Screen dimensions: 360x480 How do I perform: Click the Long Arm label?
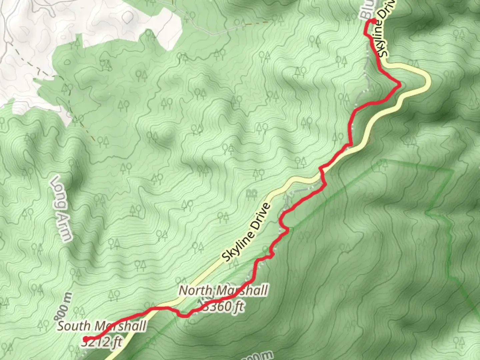click(x=61, y=208)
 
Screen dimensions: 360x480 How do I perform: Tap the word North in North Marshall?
click(x=195, y=291)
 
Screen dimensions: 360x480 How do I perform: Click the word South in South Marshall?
click(x=73, y=326)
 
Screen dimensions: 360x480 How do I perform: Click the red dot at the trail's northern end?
click(x=374, y=22)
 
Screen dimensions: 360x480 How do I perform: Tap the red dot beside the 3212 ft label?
click(x=85, y=339)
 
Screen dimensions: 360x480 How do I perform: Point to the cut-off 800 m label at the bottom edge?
click(x=257, y=356)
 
